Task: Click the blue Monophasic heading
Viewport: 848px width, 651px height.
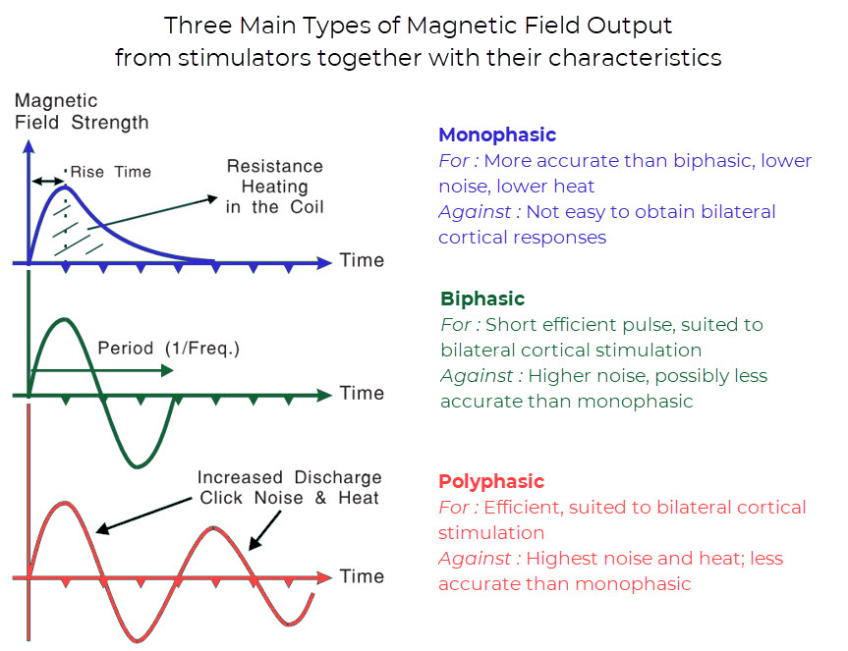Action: [497, 136]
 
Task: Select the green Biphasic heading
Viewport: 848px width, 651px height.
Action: [482, 298]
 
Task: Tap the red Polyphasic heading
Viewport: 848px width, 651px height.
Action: [491, 481]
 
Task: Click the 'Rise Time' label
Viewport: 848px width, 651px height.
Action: [111, 172]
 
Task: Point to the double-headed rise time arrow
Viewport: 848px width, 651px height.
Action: [48, 181]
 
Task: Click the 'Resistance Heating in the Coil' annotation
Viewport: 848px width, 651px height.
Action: [275, 187]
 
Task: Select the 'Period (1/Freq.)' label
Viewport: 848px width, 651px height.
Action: [168, 348]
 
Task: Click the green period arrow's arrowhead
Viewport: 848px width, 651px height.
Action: [168, 370]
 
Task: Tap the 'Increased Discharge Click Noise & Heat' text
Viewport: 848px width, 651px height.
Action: [289, 487]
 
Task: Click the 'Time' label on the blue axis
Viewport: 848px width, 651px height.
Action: [362, 260]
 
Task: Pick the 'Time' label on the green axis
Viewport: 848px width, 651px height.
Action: [362, 394]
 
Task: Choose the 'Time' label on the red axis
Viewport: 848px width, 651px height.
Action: [362, 576]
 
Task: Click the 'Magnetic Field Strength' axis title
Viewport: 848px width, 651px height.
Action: [82, 111]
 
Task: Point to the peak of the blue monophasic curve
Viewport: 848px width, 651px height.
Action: [65, 187]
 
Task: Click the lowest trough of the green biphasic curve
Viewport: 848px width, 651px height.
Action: [138, 465]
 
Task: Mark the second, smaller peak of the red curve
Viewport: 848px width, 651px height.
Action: [215, 528]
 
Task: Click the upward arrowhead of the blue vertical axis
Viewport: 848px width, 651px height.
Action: [28, 146]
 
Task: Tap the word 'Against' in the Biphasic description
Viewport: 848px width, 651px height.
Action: [477, 376]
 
